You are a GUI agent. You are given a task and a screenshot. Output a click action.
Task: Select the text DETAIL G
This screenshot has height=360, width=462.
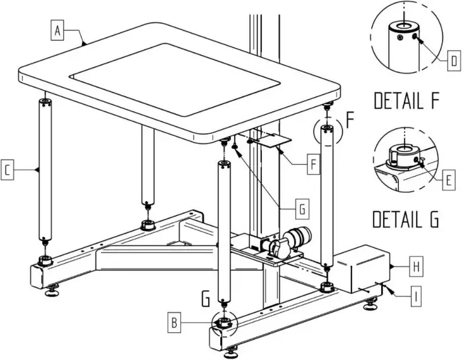pyautogui.click(x=406, y=219)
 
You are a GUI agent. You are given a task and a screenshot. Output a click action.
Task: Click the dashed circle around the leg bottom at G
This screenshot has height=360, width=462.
pyautogui.click(x=222, y=323)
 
